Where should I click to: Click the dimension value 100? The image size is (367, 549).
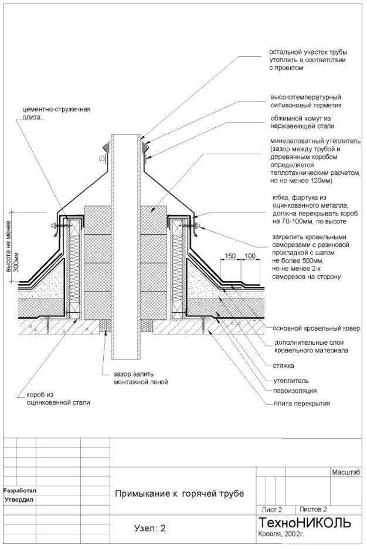[x=250, y=256]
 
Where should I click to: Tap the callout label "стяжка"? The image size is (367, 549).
[x=284, y=365]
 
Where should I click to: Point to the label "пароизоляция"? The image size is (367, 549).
[x=294, y=390]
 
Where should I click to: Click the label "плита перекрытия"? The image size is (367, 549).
[x=301, y=403]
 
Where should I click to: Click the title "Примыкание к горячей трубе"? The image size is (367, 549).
[x=179, y=493]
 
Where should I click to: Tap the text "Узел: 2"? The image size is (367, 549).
[x=150, y=528]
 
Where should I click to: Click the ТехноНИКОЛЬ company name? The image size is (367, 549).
[x=304, y=523]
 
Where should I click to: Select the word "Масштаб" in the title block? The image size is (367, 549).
[x=345, y=472]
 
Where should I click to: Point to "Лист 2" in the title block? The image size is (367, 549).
[x=272, y=510]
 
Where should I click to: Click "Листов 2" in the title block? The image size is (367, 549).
[x=313, y=510]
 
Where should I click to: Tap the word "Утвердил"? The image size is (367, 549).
[x=19, y=500]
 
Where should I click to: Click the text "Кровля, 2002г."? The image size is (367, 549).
[x=281, y=535]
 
